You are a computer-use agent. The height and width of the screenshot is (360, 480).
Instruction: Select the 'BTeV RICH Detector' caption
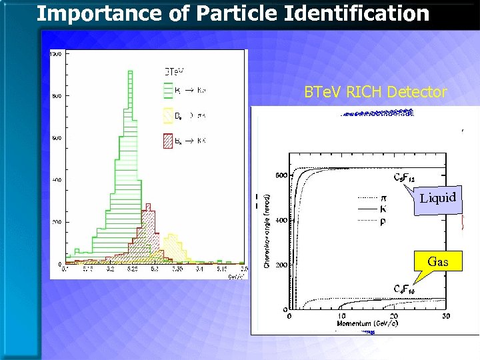(375, 93)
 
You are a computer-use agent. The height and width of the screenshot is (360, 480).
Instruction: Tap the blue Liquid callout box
(437, 198)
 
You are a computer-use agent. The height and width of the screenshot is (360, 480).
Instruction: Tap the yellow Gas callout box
(437, 261)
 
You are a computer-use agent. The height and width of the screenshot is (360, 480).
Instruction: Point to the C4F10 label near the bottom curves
(405, 289)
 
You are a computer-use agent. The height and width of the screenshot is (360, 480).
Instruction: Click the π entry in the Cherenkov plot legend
(382, 197)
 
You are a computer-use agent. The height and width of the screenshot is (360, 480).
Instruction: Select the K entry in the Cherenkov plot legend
(382, 209)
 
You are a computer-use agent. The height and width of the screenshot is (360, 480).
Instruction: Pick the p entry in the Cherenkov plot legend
(382, 221)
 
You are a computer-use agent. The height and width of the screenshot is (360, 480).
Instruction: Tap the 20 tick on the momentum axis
(393, 316)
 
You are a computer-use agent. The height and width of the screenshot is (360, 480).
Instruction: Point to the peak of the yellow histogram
(173, 235)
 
